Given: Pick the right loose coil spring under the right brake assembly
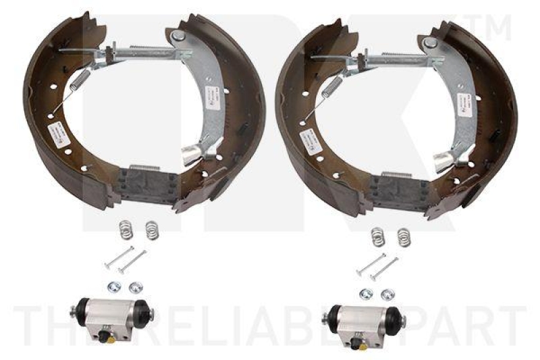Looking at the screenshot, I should click(404, 236).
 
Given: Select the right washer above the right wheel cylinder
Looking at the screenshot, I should click(387, 294).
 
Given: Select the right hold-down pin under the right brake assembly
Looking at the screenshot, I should click(384, 268).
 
